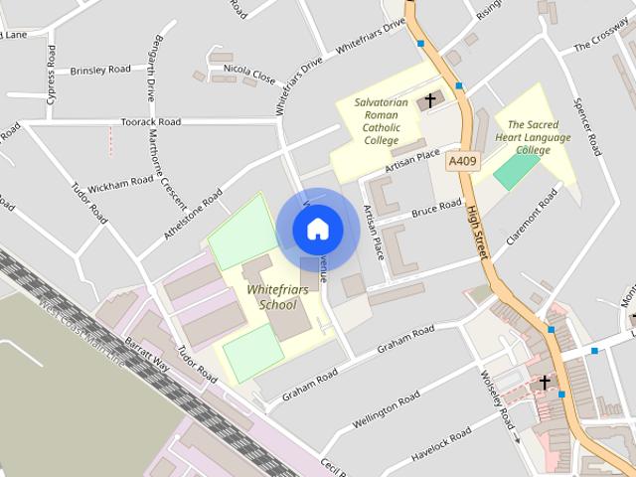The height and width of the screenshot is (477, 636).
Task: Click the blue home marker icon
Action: (317, 230)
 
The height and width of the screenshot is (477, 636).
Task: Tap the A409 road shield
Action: (462, 160)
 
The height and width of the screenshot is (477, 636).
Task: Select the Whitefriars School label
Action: (277, 296)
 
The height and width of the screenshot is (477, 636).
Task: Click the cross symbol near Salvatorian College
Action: (430, 99)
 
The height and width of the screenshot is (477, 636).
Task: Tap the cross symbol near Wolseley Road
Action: (544, 382)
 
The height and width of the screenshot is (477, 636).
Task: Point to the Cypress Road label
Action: (50, 67)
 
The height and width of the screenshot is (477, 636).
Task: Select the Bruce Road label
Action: (436, 210)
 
